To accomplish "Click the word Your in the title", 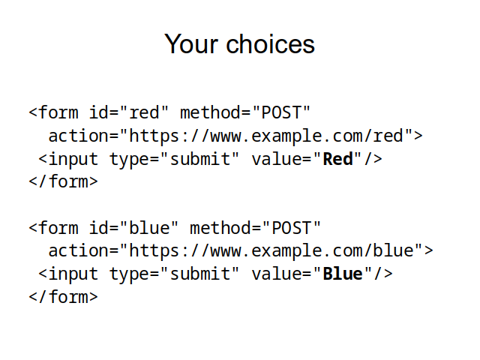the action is tap(191, 44).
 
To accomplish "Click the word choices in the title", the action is tap(270, 44).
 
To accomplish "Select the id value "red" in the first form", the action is tap(144, 112).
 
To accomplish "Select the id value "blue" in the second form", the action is tap(149, 228).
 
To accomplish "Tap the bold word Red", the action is tap(338, 159).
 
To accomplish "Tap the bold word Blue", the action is tap(343, 274).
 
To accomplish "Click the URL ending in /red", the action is tap(265, 136).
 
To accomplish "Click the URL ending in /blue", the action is tap(271, 250).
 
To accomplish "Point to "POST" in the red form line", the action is tap(282, 112).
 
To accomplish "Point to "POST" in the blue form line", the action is tap(292, 228).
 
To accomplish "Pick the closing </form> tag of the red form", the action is tap(63, 181).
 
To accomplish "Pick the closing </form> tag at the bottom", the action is tap(63, 297).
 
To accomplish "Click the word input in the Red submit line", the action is tap(73, 160).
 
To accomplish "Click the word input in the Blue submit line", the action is tap(73, 274).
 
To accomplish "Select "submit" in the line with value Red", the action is tap(199, 159).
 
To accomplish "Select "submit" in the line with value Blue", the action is tap(199, 274).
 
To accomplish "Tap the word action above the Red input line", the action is tap(78, 136).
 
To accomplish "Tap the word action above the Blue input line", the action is tap(78, 250).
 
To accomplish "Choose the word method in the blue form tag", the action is tap(220, 228).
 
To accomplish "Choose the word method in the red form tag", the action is tap(210, 112).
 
